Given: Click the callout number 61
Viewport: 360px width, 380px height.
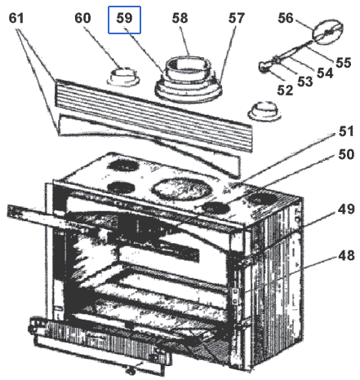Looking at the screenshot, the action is click(x=16, y=18).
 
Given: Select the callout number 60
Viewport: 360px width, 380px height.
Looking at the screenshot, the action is click(x=82, y=18).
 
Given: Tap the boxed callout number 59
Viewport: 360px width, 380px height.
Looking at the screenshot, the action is click(x=124, y=18).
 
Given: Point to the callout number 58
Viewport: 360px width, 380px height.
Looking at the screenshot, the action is click(x=180, y=18).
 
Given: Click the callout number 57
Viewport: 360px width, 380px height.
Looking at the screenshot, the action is click(x=236, y=18).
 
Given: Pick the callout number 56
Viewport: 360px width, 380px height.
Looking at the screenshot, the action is click(x=286, y=18).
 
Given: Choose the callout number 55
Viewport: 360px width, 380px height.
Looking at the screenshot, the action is click(x=344, y=62).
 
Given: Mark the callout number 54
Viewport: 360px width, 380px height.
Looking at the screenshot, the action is click(x=325, y=73).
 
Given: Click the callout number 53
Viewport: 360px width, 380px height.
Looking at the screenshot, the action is click(x=305, y=82).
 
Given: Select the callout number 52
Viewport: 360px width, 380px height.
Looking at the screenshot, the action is click(x=285, y=90).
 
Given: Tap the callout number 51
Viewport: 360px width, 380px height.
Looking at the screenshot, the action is click(x=346, y=131).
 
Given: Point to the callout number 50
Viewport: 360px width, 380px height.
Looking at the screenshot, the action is click(x=346, y=154).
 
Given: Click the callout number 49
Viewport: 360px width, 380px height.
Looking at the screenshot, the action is click(x=346, y=210).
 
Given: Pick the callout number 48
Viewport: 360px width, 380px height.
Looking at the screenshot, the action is click(x=346, y=255).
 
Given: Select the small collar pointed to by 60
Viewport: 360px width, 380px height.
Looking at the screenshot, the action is click(x=124, y=77).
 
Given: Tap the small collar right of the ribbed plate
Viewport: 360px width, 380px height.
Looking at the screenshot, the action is click(x=264, y=111).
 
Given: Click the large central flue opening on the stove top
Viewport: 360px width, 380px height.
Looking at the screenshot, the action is click(x=178, y=189).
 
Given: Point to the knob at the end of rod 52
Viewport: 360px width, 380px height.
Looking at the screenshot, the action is click(x=264, y=67).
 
